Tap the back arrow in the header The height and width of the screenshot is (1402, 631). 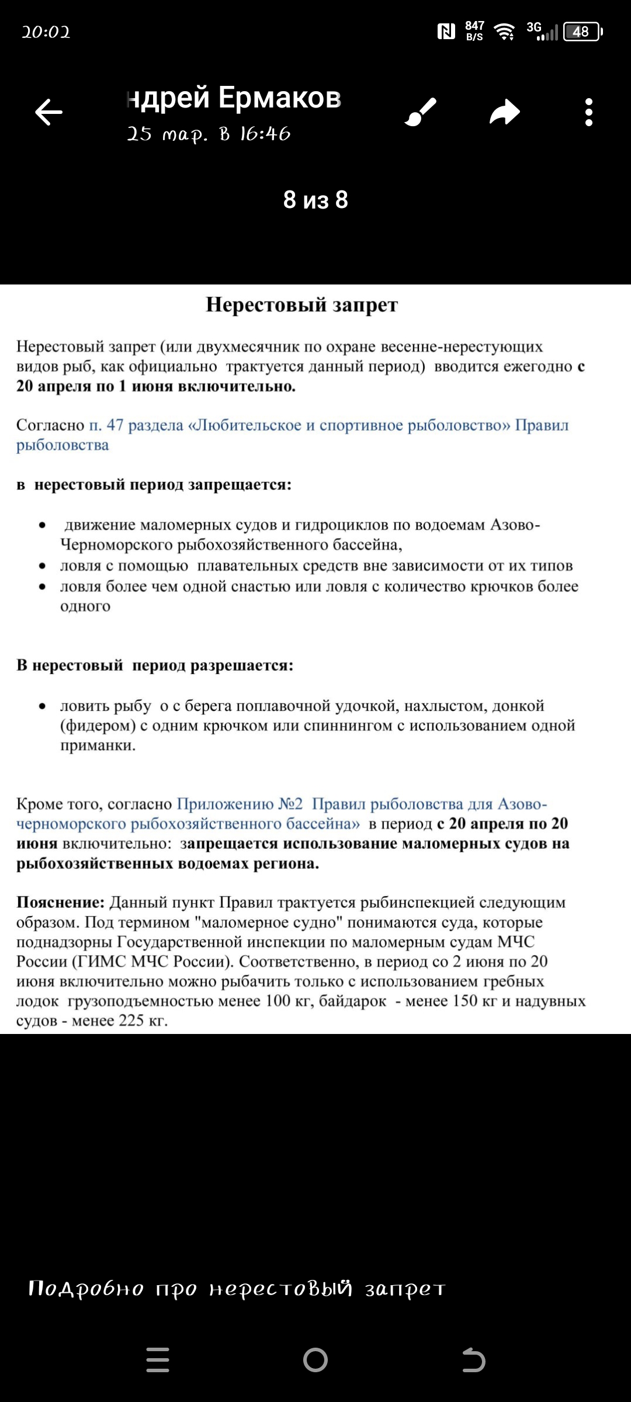[x=48, y=112]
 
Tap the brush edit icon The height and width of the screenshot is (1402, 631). [x=421, y=112]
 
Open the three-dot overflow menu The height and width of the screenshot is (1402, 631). [x=588, y=112]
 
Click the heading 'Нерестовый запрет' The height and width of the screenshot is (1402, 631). [x=301, y=305]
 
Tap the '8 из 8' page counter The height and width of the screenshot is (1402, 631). [x=315, y=200]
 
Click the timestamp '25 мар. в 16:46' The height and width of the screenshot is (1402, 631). [x=209, y=134]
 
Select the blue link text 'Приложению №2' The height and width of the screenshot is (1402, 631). [x=240, y=804]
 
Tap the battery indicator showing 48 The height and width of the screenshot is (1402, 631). [x=582, y=32]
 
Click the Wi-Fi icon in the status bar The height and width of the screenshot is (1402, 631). [x=504, y=32]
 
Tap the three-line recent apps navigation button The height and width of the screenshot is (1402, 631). [x=158, y=1360]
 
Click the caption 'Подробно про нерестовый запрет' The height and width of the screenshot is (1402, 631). [x=237, y=1288]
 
